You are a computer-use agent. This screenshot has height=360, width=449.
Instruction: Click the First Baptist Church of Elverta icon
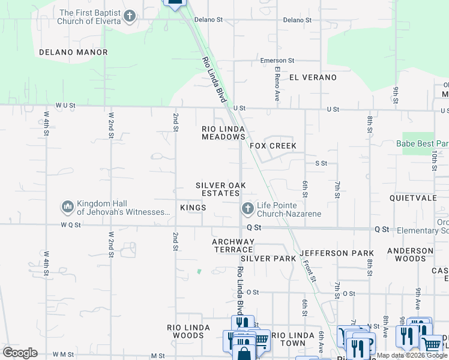pyautogui.click(x=130, y=17)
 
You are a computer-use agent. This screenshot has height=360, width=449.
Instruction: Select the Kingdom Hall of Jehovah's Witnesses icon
pyautogui.click(x=68, y=208)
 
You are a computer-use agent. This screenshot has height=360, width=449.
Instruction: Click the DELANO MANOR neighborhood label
pyautogui.click(x=73, y=52)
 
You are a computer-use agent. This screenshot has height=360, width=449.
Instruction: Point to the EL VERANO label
pyautogui.click(x=313, y=77)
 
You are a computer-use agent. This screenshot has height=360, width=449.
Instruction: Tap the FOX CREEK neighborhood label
pyautogui.click(x=273, y=146)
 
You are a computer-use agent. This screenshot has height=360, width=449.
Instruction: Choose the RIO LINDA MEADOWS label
pyautogui.click(x=223, y=133)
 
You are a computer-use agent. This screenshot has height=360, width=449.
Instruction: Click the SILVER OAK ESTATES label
pyautogui.click(x=220, y=190)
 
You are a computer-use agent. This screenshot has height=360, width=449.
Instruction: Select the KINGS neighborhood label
pyautogui.click(x=193, y=208)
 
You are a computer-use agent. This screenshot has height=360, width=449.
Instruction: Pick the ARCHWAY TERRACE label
pyautogui.click(x=234, y=245)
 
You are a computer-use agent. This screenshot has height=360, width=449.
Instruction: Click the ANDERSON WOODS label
pyautogui.click(x=410, y=254)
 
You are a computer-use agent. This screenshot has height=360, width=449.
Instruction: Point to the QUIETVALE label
pyautogui.click(x=411, y=197)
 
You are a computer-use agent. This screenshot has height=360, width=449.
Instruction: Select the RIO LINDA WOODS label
pyautogui.click(x=188, y=331)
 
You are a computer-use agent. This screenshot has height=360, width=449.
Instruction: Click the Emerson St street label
pyautogui.click(x=277, y=61)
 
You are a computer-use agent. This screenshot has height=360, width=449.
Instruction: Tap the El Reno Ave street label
pyautogui.click(x=277, y=83)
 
